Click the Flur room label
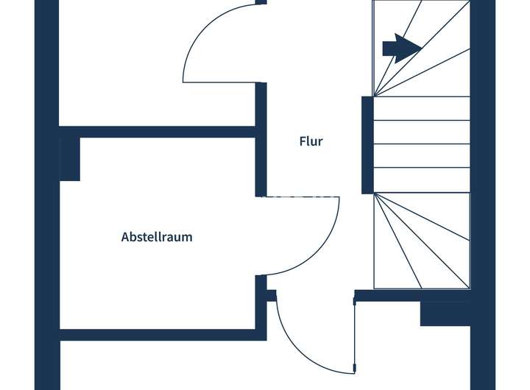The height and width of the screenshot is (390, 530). click(x=311, y=141)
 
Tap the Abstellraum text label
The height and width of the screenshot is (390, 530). click(x=157, y=237)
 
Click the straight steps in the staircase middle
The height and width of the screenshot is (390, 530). click(x=421, y=144)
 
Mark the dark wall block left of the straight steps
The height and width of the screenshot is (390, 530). click(x=367, y=144)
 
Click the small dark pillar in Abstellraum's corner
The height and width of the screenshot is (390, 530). click(x=70, y=158)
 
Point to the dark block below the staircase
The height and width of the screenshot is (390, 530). click(x=445, y=313)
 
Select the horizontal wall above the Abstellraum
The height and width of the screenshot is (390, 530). click(x=158, y=132)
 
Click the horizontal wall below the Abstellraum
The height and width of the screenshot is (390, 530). click(x=158, y=335)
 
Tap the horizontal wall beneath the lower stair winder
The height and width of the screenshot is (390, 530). click(x=412, y=296)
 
